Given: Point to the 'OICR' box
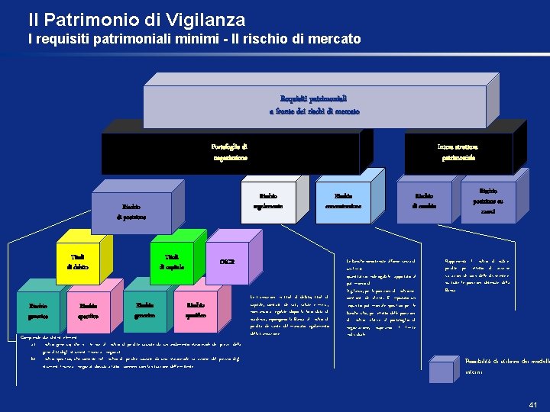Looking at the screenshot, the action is click(x=227, y=262).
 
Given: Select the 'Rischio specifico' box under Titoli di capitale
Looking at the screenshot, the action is click(x=196, y=309).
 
